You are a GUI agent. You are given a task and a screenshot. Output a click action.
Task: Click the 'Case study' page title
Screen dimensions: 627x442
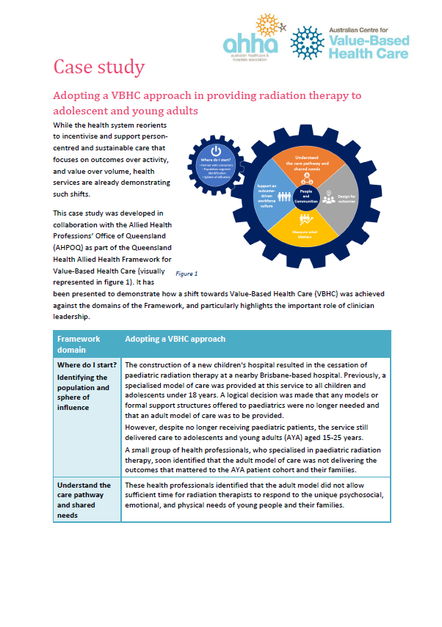(x=99, y=67)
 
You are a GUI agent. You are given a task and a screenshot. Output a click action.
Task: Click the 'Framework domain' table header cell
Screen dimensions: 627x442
(x=79, y=345)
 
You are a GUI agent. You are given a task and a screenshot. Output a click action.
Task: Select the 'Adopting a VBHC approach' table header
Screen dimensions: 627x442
(x=175, y=340)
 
